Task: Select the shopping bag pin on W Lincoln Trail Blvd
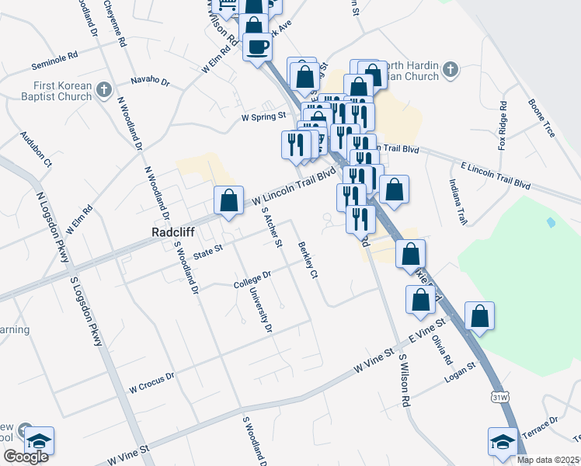pos(228,201)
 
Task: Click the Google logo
pos(26,457)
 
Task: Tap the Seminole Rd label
pos(55,57)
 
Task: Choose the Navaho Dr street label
pos(150,79)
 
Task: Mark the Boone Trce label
pos(541,118)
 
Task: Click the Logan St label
pos(459,377)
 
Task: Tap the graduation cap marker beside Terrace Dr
pos(503,442)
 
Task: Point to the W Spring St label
pos(264,118)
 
